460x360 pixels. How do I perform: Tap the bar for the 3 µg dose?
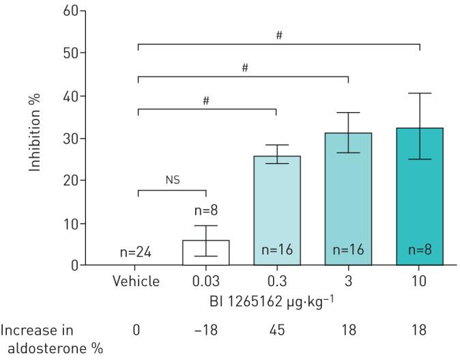pos(348,199)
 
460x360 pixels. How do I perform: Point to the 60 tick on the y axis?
pos(72,10)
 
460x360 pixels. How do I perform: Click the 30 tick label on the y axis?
pos(72,138)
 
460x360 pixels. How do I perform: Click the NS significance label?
pos(171,180)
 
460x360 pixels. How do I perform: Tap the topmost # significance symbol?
pos(278,35)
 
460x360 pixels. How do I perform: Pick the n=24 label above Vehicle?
pos(135,253)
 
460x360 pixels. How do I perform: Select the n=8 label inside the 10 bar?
pos(419,251)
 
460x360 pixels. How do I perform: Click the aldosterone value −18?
pos(205,331)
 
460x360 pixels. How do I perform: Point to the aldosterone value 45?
pos(276,331)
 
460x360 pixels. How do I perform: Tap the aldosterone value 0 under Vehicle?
pos(136,331)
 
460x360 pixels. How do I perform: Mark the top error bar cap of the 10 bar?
pos(419,94)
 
